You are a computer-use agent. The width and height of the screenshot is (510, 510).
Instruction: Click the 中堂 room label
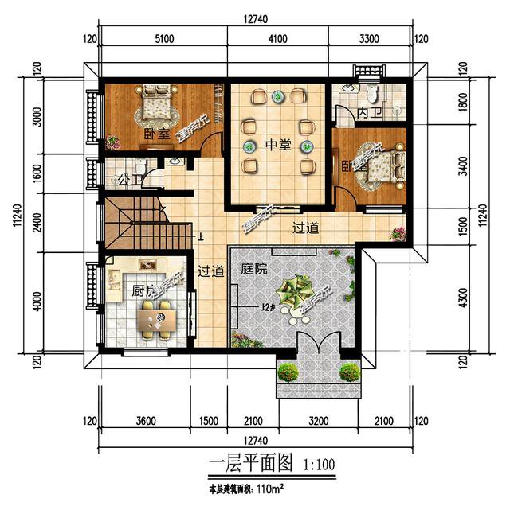click(x=278, y=146)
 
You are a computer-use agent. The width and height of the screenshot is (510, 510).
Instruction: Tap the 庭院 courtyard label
click(x=253, y=270)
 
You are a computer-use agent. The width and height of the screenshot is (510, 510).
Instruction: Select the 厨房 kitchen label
click(x=144, y=290)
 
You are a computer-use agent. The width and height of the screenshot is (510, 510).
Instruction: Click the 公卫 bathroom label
click(x=124, y=179)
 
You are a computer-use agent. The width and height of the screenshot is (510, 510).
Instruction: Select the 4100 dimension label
click(x=277, y=37)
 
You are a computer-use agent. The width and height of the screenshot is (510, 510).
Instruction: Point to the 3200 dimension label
click(x=317, y=421)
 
